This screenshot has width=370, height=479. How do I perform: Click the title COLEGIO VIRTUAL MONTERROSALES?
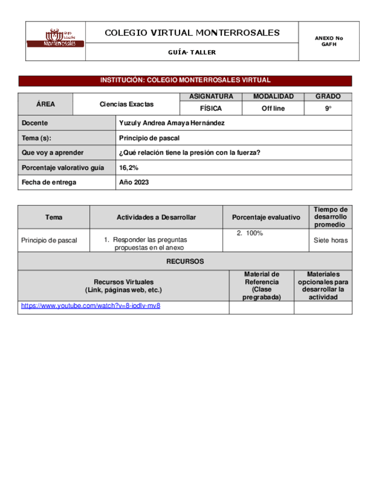pos(192,33)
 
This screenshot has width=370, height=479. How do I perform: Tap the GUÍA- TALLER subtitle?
pos(192,53)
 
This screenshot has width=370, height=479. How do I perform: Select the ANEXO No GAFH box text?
pos(329,41)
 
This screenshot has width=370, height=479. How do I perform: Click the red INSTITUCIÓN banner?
pos(185,80)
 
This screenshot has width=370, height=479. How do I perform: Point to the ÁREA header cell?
pos(45,104)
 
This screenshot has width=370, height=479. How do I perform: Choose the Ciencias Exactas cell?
pos(127,104)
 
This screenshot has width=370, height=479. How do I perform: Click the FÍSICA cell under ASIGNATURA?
pos(211,108)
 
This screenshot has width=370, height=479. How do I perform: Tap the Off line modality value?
pos(273,108)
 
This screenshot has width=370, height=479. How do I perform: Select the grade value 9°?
pos(328,108)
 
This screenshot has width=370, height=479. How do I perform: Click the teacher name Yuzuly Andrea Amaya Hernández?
pos(172,123)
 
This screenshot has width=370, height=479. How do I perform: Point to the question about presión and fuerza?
pos(190,153)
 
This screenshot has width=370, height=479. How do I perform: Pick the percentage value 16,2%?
pos(129,168)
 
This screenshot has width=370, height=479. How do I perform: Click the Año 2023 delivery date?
pos(134,182)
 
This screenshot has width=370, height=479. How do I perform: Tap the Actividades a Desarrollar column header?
pos(156,217)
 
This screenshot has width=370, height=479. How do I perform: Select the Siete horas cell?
pos(330,240)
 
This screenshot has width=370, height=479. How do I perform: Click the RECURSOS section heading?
pos(185,262)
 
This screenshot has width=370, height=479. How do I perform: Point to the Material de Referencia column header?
pos(262,285)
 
